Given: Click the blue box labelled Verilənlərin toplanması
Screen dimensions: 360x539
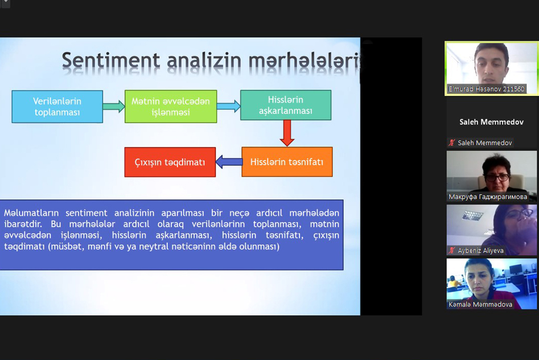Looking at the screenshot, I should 57,106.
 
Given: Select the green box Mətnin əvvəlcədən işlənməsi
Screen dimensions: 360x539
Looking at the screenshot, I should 171,106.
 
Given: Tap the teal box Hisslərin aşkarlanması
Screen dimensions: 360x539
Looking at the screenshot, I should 285,105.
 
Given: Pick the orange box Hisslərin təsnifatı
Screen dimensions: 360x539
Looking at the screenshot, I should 287,162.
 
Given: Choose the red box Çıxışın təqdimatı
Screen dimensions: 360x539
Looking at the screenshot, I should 170,162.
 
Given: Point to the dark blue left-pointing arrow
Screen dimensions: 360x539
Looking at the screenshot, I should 229,162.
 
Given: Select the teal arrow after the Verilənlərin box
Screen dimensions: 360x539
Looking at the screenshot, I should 114,106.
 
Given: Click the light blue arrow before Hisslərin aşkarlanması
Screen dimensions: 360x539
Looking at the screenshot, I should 229,106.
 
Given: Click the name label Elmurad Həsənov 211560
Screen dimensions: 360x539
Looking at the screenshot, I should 486,89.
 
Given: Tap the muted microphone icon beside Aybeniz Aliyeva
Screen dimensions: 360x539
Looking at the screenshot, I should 452,251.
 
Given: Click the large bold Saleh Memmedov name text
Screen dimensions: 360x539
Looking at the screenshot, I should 491,122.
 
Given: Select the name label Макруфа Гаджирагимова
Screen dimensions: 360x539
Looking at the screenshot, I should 488,197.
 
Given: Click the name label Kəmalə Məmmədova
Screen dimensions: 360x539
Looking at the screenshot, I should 480,304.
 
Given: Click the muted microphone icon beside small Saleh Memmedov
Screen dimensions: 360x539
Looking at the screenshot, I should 452,143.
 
